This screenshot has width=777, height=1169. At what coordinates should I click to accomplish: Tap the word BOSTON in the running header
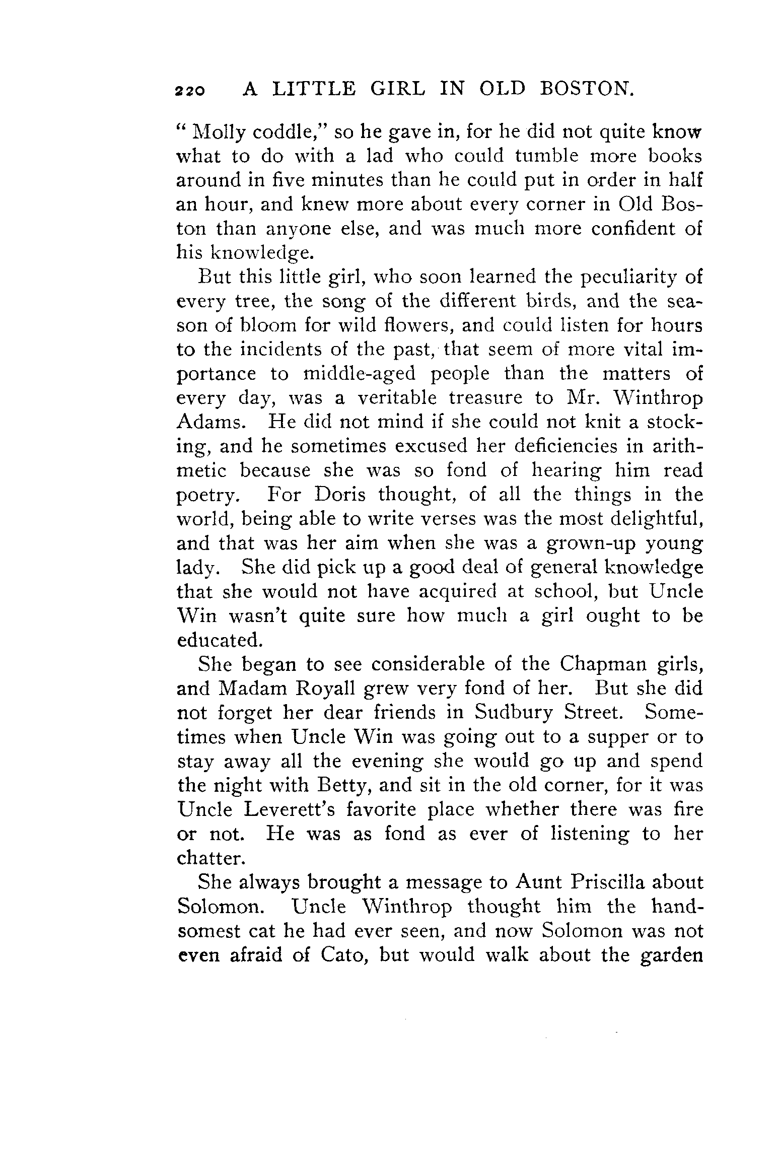click(x=586, y=89)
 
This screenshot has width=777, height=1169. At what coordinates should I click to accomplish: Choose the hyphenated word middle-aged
click(x=360, y=374)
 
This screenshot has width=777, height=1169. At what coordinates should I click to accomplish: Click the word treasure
click(x=486, y=398)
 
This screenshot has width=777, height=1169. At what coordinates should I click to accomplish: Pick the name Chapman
click(x=597, y=664)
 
